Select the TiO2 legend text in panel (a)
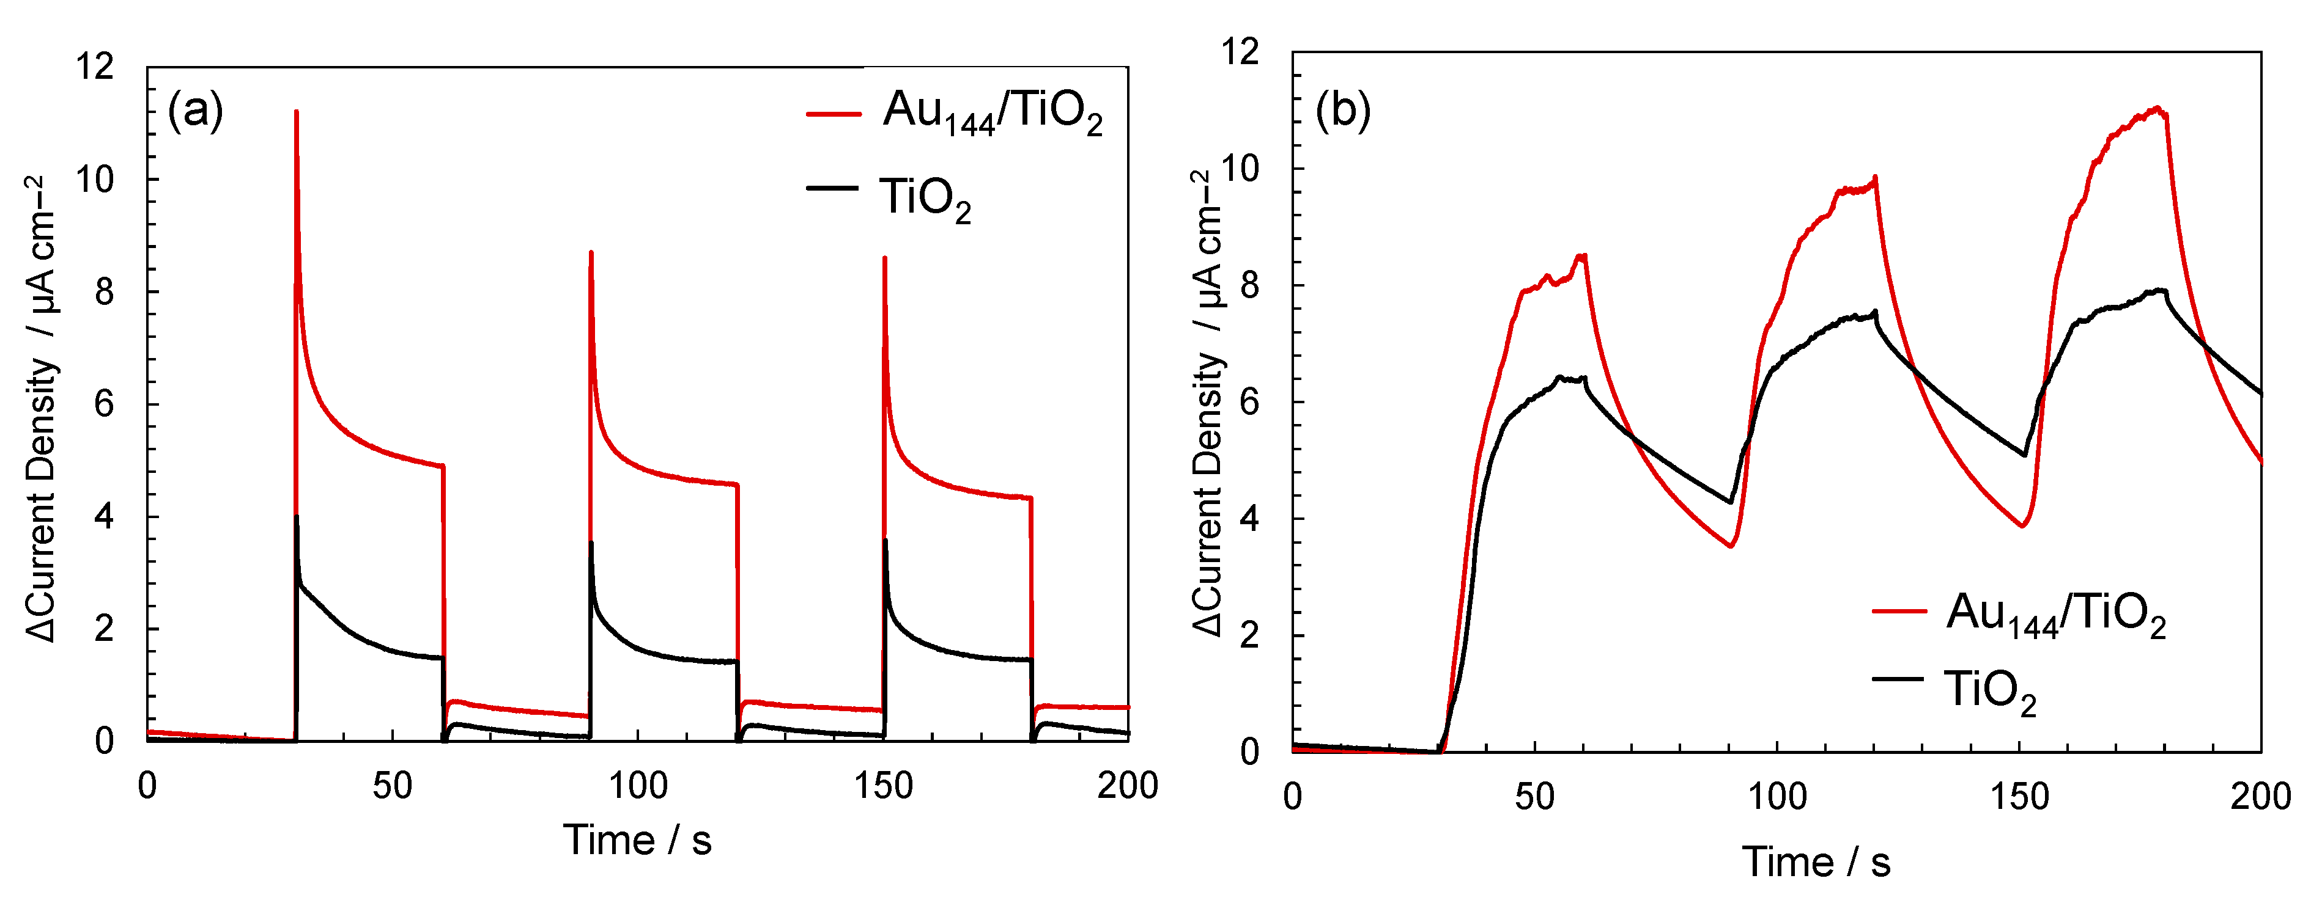point(924,199)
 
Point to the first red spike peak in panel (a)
point(296,112)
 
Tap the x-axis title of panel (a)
point(637,840)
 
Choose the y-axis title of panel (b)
point(1208,403)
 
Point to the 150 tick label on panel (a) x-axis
point(883,786)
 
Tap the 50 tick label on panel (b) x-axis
point(1534,796)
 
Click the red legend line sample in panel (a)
point(832,114)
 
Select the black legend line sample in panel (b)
point(1898,679)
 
